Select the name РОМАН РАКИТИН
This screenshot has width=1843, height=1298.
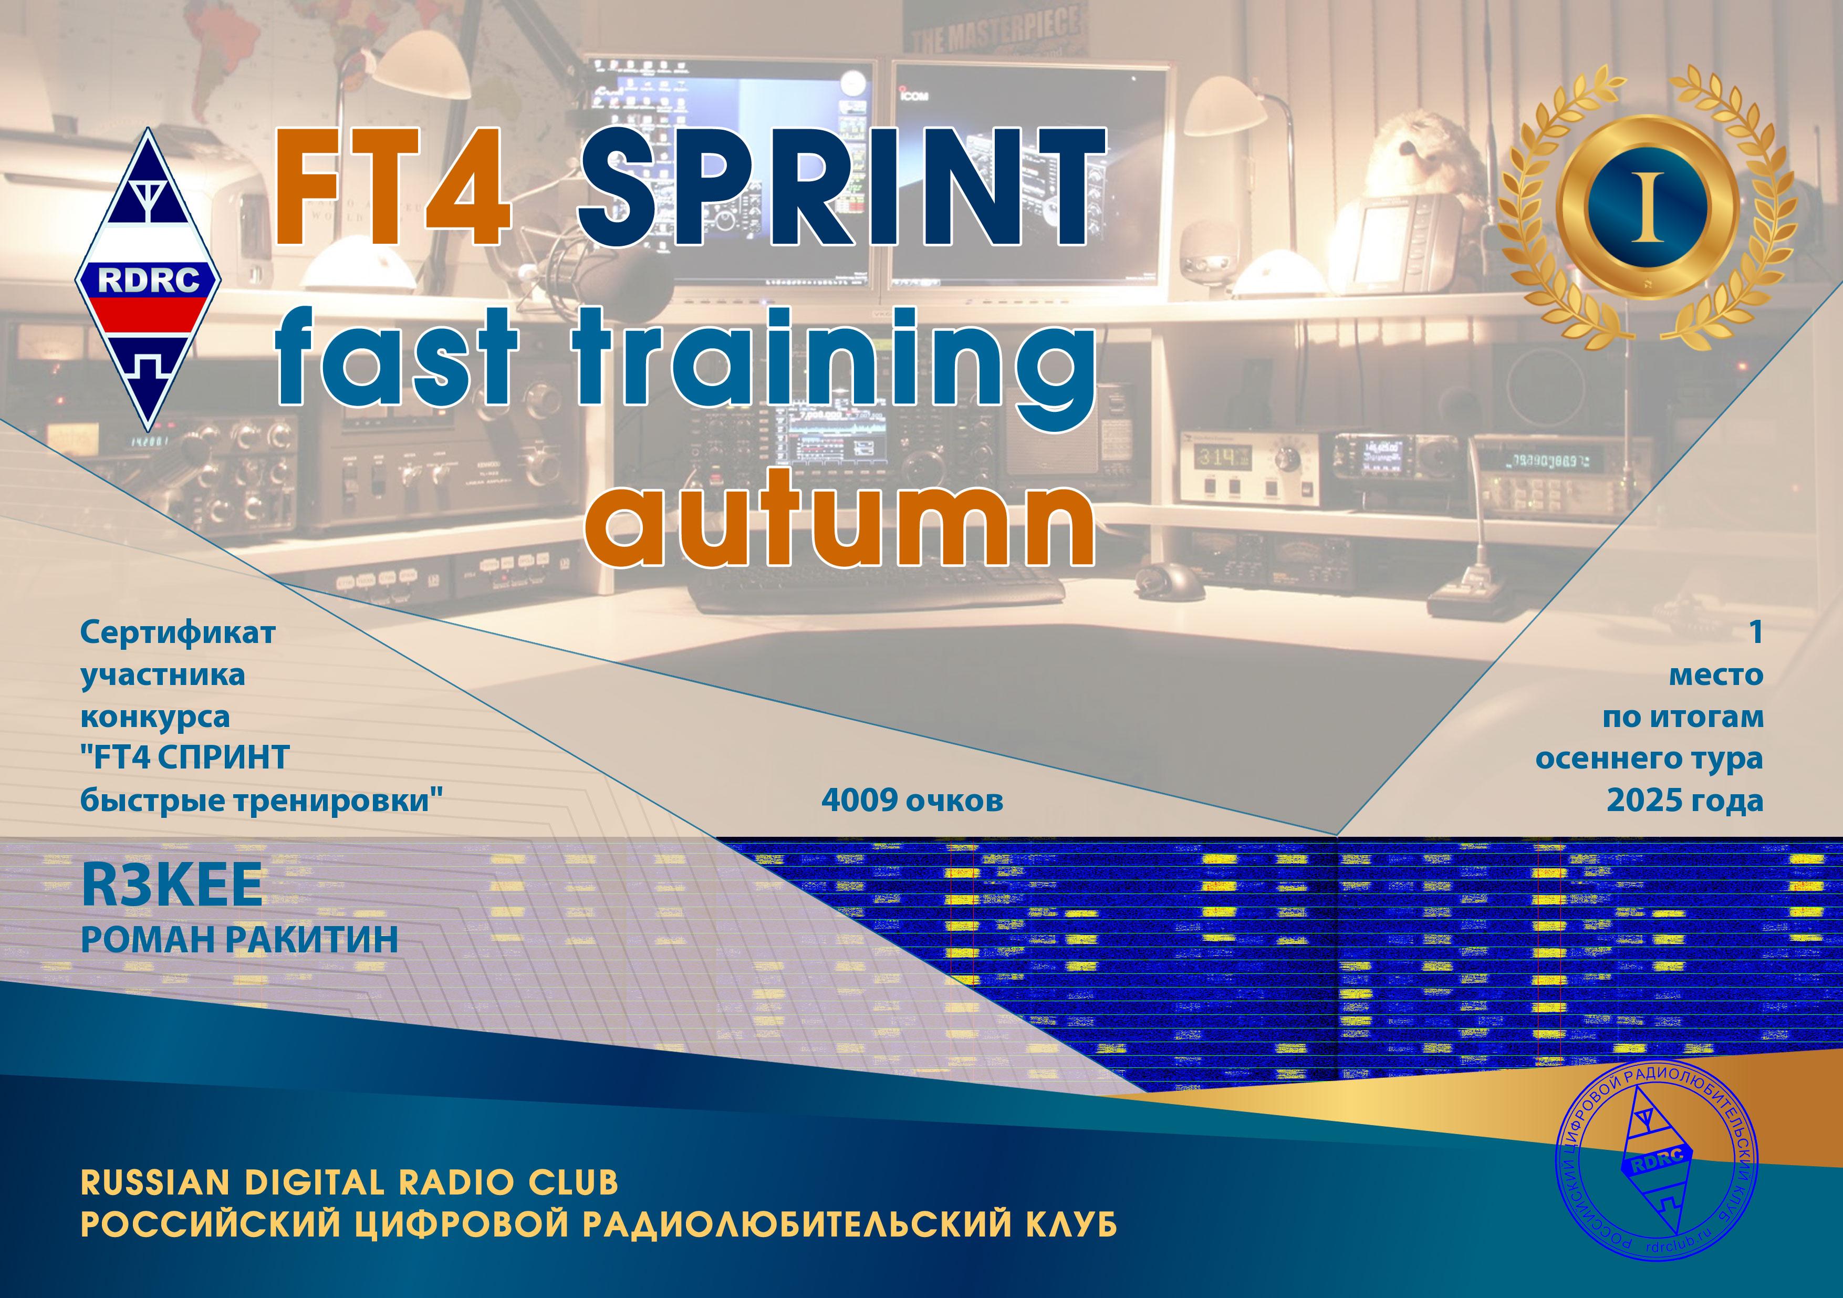pos(239,940)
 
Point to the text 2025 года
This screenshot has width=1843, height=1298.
pos(1684,801)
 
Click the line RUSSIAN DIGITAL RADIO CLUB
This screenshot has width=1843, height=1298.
pos(350,1182)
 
